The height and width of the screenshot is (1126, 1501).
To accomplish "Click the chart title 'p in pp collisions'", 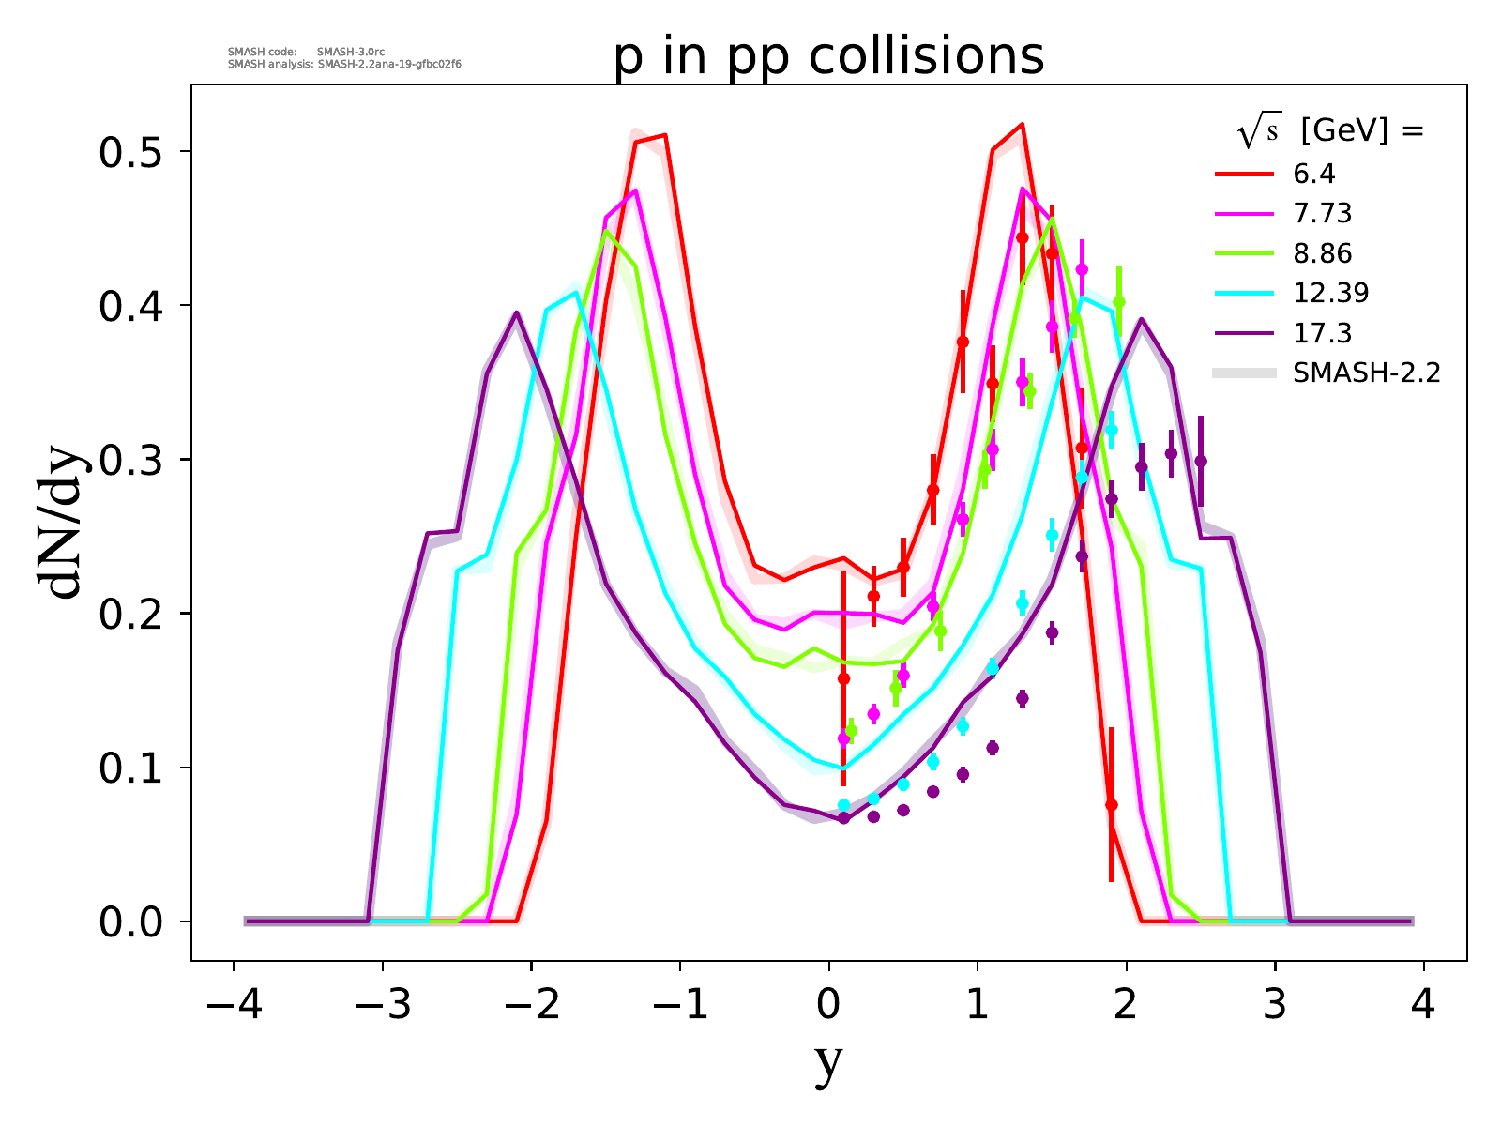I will [x=828, y=56].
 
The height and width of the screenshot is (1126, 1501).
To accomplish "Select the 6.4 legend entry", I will [x=1313, y=174].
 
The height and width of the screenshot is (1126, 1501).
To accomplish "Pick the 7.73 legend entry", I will [x=1322, y=214].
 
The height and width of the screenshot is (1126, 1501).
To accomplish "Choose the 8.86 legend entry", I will [x=1322, y=253].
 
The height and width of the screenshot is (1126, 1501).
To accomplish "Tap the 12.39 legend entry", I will [x=1330, y=293].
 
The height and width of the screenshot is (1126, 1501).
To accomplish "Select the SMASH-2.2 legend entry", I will [x=1366, y=373].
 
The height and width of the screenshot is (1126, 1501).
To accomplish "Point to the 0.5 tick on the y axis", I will [x=132, y=152].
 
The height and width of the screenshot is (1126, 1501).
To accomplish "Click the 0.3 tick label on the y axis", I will [x=132, y=460].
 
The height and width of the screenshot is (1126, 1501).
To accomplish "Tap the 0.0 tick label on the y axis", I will [x=132, y=922].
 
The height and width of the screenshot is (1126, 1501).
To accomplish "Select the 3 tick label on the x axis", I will [x=1275, y=1007].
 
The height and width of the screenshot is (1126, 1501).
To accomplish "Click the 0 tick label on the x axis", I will [x=828, y=1007].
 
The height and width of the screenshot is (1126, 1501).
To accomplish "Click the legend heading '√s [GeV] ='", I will [x=1330, y=132].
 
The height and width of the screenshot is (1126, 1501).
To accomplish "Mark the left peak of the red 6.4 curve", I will [x=664, y=135].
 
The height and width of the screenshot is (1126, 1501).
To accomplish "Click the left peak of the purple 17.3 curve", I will [x=516, y=312].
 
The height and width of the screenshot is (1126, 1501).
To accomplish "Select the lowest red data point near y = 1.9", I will [x=1112, y=805].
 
